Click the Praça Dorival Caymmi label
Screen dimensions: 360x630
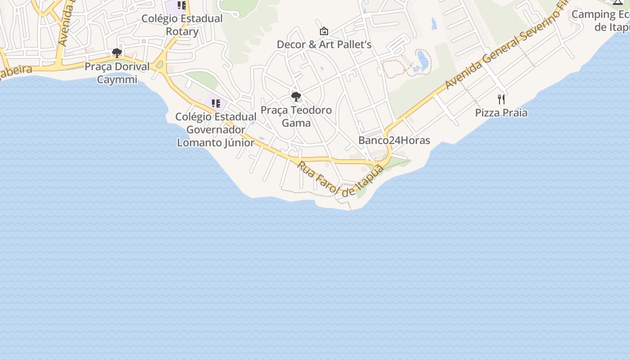(x=117, y=73)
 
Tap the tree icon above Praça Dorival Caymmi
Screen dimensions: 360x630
(x=117, y=54)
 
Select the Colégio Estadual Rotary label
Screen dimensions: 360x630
(x=182, y=25)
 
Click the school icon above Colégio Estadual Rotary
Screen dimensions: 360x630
(x=182, y=5)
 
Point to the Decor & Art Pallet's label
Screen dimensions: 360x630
(x=324, y=45)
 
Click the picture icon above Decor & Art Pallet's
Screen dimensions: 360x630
(x=324, y=31)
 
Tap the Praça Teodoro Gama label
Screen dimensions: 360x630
(x=296, y=116)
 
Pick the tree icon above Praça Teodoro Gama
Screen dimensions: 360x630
(x=296, y=96)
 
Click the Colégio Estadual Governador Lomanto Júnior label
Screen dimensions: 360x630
(x=216, y=130)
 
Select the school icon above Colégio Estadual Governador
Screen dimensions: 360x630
(x=216, y=103)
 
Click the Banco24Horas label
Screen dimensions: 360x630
(x=394, y=140)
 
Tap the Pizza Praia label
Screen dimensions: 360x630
(x=501, y=112)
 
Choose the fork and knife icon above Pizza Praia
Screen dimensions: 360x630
(x=501, y=99)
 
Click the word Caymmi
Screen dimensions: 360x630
(x=117, y=80)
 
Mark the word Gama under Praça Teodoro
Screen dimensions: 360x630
(x=296, y=123)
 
